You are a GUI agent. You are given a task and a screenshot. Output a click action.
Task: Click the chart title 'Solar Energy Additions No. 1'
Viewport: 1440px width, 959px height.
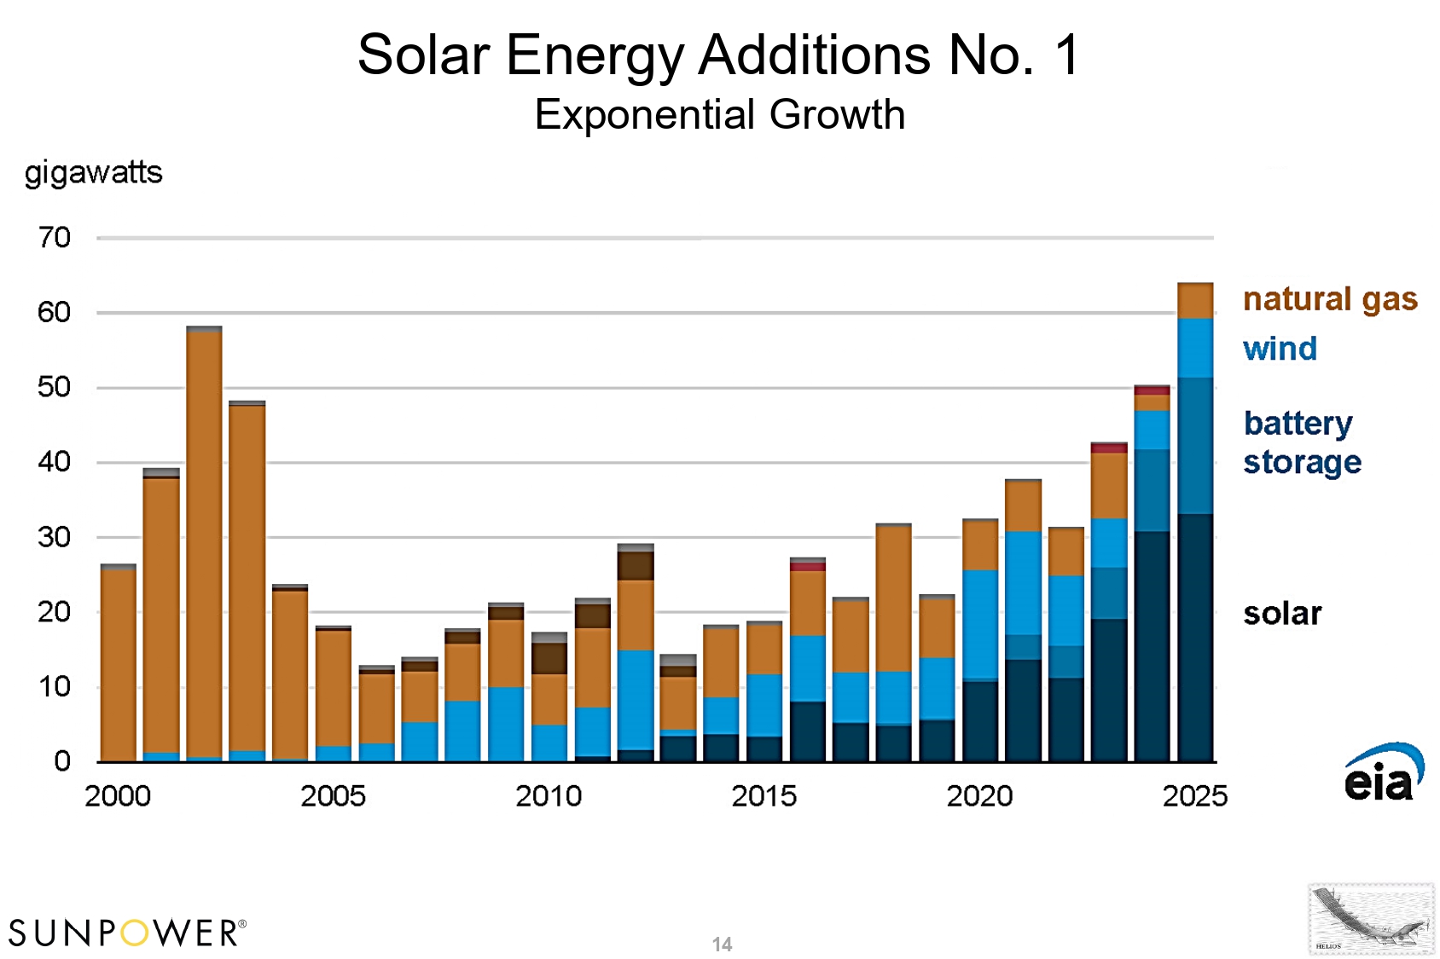pos(719,55)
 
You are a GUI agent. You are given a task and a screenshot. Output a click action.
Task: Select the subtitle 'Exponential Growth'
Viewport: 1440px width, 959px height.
pos(719,114)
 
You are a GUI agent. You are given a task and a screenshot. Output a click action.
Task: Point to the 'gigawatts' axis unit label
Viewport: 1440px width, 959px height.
pos(93,173)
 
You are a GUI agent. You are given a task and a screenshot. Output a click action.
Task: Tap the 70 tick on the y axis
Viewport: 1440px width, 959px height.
pos(55,238)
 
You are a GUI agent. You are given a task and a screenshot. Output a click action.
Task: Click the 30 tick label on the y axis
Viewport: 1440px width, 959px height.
pos(55,538)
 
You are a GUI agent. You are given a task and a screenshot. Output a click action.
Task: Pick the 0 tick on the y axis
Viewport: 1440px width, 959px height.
pos(62,761)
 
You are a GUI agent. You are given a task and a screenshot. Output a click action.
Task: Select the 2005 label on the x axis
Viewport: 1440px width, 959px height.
pos(333,796)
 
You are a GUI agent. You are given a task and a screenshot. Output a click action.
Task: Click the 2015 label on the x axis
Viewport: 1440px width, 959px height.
pos(764,796)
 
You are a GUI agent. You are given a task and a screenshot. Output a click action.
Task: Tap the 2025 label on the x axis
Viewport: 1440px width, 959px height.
pos(1194,796)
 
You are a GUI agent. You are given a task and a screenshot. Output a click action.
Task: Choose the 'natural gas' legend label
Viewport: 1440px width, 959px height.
pos(1330,300)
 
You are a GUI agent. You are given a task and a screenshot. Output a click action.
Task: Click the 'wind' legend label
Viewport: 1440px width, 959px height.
pos(1280,350)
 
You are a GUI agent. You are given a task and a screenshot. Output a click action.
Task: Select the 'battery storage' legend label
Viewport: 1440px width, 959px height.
pos(1302,442)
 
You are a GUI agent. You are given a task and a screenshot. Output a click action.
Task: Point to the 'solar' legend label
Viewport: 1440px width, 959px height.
pos(1282,614)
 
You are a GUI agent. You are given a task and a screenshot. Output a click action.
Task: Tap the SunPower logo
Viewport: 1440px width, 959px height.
pos(127,933)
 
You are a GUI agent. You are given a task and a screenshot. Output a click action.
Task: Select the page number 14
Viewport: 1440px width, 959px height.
pos(722,945)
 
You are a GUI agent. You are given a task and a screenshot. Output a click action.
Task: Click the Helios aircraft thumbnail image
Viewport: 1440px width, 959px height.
pos(1371,919)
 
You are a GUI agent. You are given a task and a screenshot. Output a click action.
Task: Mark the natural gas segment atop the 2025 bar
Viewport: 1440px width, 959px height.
pos(1194,301)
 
